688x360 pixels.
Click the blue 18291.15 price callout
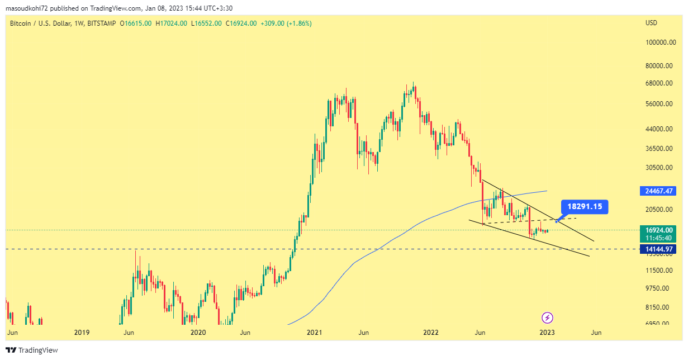coord(585,207)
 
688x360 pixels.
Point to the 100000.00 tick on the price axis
coord(658,42)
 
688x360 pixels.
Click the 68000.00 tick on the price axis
coord(658,83)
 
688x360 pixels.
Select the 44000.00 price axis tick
coord(658,129)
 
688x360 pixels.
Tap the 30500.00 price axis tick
coord(658,168)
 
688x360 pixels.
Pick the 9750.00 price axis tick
coord(658,288)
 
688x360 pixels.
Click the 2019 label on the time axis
coord(82,333)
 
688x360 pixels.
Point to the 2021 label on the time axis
coord(315,333)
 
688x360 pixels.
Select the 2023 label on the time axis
coord(547,333)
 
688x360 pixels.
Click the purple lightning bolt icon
coord(548,318)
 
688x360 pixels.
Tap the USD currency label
coord(651,23)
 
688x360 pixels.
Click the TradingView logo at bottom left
coord(32,350)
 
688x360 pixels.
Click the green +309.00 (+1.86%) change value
coord(286,23)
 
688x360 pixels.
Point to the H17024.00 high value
coord(172,23)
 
